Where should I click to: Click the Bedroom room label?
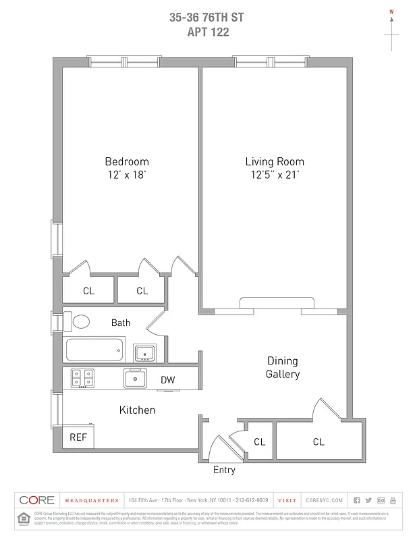coord(126,161)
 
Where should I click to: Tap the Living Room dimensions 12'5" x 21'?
coord(274,174)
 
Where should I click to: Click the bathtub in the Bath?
coord(95,350)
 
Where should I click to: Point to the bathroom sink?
coord(145,352)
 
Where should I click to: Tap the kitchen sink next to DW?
coord(136,378)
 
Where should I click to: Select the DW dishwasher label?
coord(167,380)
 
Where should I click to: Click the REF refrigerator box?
coord(79,436)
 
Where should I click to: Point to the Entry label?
coord(224,470)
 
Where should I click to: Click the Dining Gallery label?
coord(282,367)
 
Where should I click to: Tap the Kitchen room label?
coord(137,410)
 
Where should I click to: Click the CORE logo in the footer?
coord(37,500)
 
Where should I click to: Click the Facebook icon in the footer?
coord(357,500)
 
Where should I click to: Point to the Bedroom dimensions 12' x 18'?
coord(126,174)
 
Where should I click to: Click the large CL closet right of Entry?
coord(318,442)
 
